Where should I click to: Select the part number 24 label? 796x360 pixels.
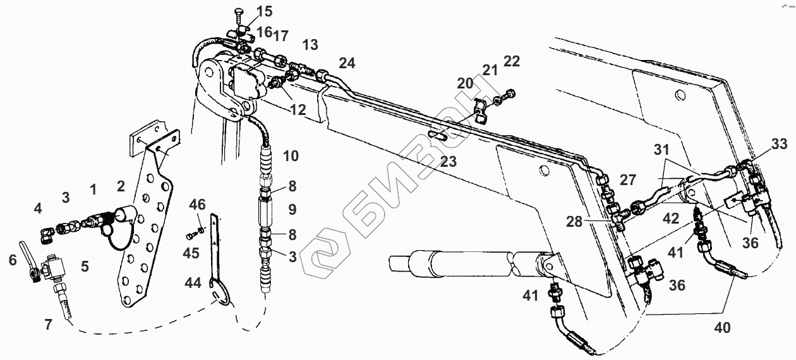click(x=347, y=63)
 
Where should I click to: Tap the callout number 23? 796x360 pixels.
click(x=448, y=161)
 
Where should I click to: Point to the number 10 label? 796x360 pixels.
click(x=291, y=155)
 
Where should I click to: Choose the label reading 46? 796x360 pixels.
click(x=197, y=203)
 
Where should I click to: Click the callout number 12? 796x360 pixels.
click(x=298, y=109)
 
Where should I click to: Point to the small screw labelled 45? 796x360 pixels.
click(x=191, y=236)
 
